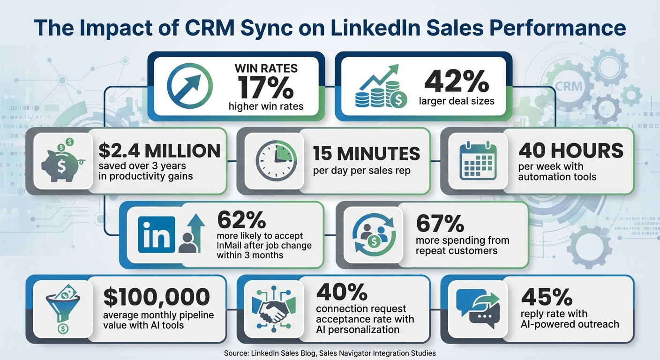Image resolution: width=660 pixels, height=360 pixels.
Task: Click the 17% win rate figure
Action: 266,87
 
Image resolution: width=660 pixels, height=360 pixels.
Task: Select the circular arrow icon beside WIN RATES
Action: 189,85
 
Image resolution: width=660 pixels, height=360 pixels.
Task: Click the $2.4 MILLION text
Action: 159,151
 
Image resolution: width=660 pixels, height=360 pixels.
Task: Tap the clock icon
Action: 277,160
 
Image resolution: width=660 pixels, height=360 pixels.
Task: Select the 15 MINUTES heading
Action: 366,153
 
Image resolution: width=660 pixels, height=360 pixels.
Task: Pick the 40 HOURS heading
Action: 571,150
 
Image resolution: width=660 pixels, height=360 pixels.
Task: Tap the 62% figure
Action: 241,220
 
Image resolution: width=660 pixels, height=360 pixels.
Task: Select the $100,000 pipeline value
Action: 156,297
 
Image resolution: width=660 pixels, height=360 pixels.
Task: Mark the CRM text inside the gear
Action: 569,86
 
